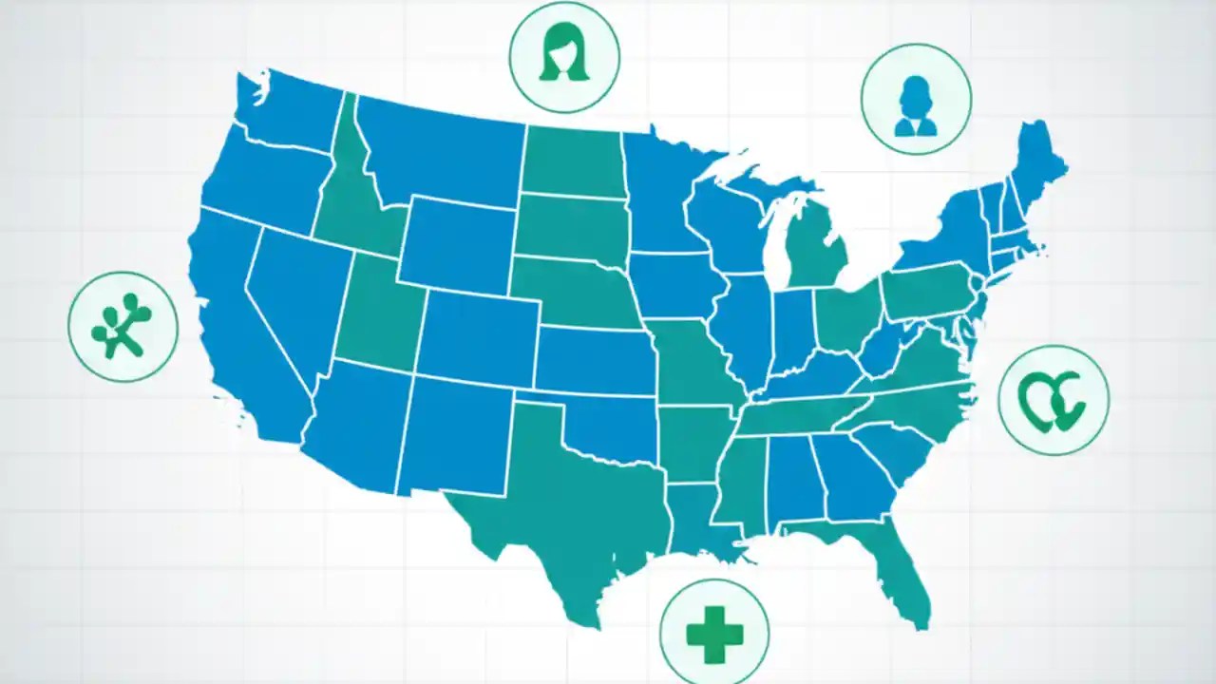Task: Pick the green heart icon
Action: click(x=1052, y=401)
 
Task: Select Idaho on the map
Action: click(x=347, y=204)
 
